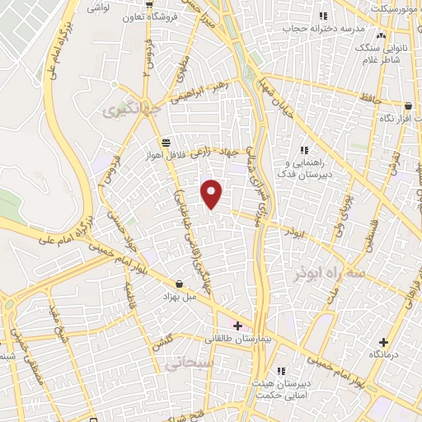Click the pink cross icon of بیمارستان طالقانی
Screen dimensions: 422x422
[238, 326]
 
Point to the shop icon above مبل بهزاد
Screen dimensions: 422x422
[180, 284]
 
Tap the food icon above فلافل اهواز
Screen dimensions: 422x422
[166, 142]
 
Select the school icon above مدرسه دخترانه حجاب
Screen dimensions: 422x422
[323, 15]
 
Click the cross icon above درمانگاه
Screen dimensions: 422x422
[383, 342]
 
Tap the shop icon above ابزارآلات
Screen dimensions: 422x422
[410, 105]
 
